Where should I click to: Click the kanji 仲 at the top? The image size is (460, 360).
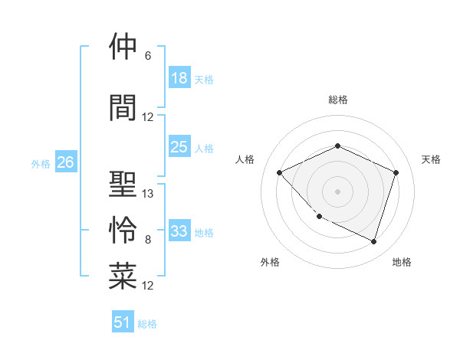click(123, 47)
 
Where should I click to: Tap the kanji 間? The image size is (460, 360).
click(123, 107)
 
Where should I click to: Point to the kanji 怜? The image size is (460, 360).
click(123, 231)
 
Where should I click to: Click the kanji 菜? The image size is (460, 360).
click(123, 277)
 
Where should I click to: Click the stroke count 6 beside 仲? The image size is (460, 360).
click(148, 56)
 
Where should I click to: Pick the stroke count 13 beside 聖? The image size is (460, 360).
click(148, 194)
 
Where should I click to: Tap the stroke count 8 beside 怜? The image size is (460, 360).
click(148, 240)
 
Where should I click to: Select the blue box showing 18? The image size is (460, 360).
click(179, 78)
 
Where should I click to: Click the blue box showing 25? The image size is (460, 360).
click(179, 147)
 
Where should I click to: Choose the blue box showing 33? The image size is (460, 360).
click(179, 231)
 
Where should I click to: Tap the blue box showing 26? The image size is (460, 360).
click(66, 162)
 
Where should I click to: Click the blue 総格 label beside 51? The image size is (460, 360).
click(147, 324)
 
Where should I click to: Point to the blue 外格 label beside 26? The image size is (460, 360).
click(41, 163)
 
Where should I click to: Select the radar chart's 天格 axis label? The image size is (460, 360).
click(432, 159)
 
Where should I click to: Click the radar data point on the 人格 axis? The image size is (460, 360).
click(280, 172)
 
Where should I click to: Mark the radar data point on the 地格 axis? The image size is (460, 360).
click(373, 241)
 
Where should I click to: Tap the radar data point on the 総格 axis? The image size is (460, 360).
click(337, 146)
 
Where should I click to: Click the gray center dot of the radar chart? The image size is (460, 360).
click(337, 191)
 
